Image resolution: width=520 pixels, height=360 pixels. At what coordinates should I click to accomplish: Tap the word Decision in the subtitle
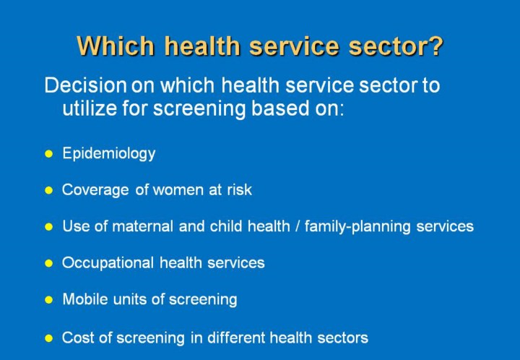[85, 85]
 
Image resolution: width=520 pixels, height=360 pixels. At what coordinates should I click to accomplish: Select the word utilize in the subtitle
[90, 108]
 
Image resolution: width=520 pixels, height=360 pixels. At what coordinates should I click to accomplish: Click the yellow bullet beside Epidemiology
[49, 154]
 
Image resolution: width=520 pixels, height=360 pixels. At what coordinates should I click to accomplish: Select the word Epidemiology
[109, 154]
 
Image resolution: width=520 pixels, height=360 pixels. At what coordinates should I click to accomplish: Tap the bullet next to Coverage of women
[49, 190]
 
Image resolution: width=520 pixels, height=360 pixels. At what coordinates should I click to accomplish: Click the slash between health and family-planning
[297, 226]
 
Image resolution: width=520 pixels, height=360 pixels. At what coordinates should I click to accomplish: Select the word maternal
[142, 226]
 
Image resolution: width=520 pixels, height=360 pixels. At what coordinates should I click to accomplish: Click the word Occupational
[108, 263]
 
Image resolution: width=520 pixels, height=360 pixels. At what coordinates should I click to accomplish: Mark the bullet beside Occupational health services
[49, 263]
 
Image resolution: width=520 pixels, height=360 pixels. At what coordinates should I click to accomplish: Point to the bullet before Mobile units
[49, 300]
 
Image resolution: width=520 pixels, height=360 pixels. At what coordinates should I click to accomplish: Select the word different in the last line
[236, 338]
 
